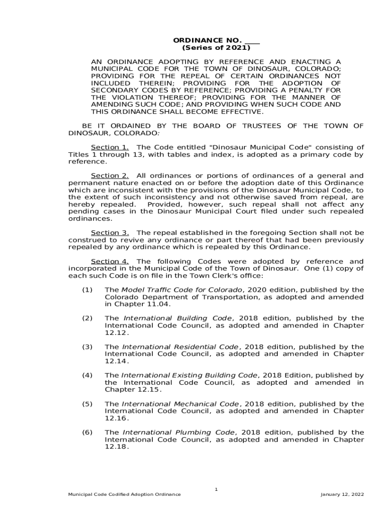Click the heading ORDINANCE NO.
[208, 40]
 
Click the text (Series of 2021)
[216, 48]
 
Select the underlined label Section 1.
[110, 147]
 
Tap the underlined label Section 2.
[110, 176]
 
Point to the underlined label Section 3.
[110, 233]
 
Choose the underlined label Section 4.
[110, 262]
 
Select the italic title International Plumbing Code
[179, 433]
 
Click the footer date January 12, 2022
[342, 494]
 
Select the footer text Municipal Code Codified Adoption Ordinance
[125, 494]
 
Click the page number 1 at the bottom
[216, 488]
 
